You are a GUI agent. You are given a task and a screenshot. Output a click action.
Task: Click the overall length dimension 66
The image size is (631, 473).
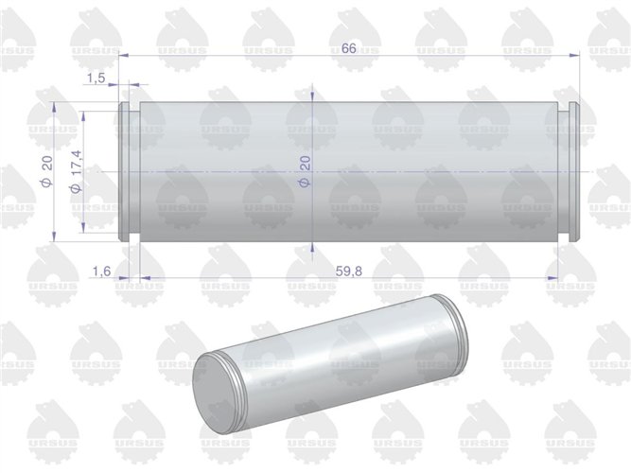click(347, 48)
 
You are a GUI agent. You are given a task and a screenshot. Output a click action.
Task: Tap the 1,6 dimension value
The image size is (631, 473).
click(103, 272)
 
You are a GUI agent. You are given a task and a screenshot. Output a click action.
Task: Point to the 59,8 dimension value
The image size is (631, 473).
click(349, 272)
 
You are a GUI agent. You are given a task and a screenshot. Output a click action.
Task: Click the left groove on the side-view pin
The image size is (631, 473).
click(133, 170)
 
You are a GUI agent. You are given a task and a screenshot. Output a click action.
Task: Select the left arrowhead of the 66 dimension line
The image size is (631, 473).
click(121, 57)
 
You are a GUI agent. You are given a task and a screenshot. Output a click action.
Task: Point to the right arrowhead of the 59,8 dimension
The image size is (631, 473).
click(553, 277)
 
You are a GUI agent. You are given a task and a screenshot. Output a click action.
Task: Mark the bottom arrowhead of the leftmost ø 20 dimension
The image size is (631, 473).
click(59, 234)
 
